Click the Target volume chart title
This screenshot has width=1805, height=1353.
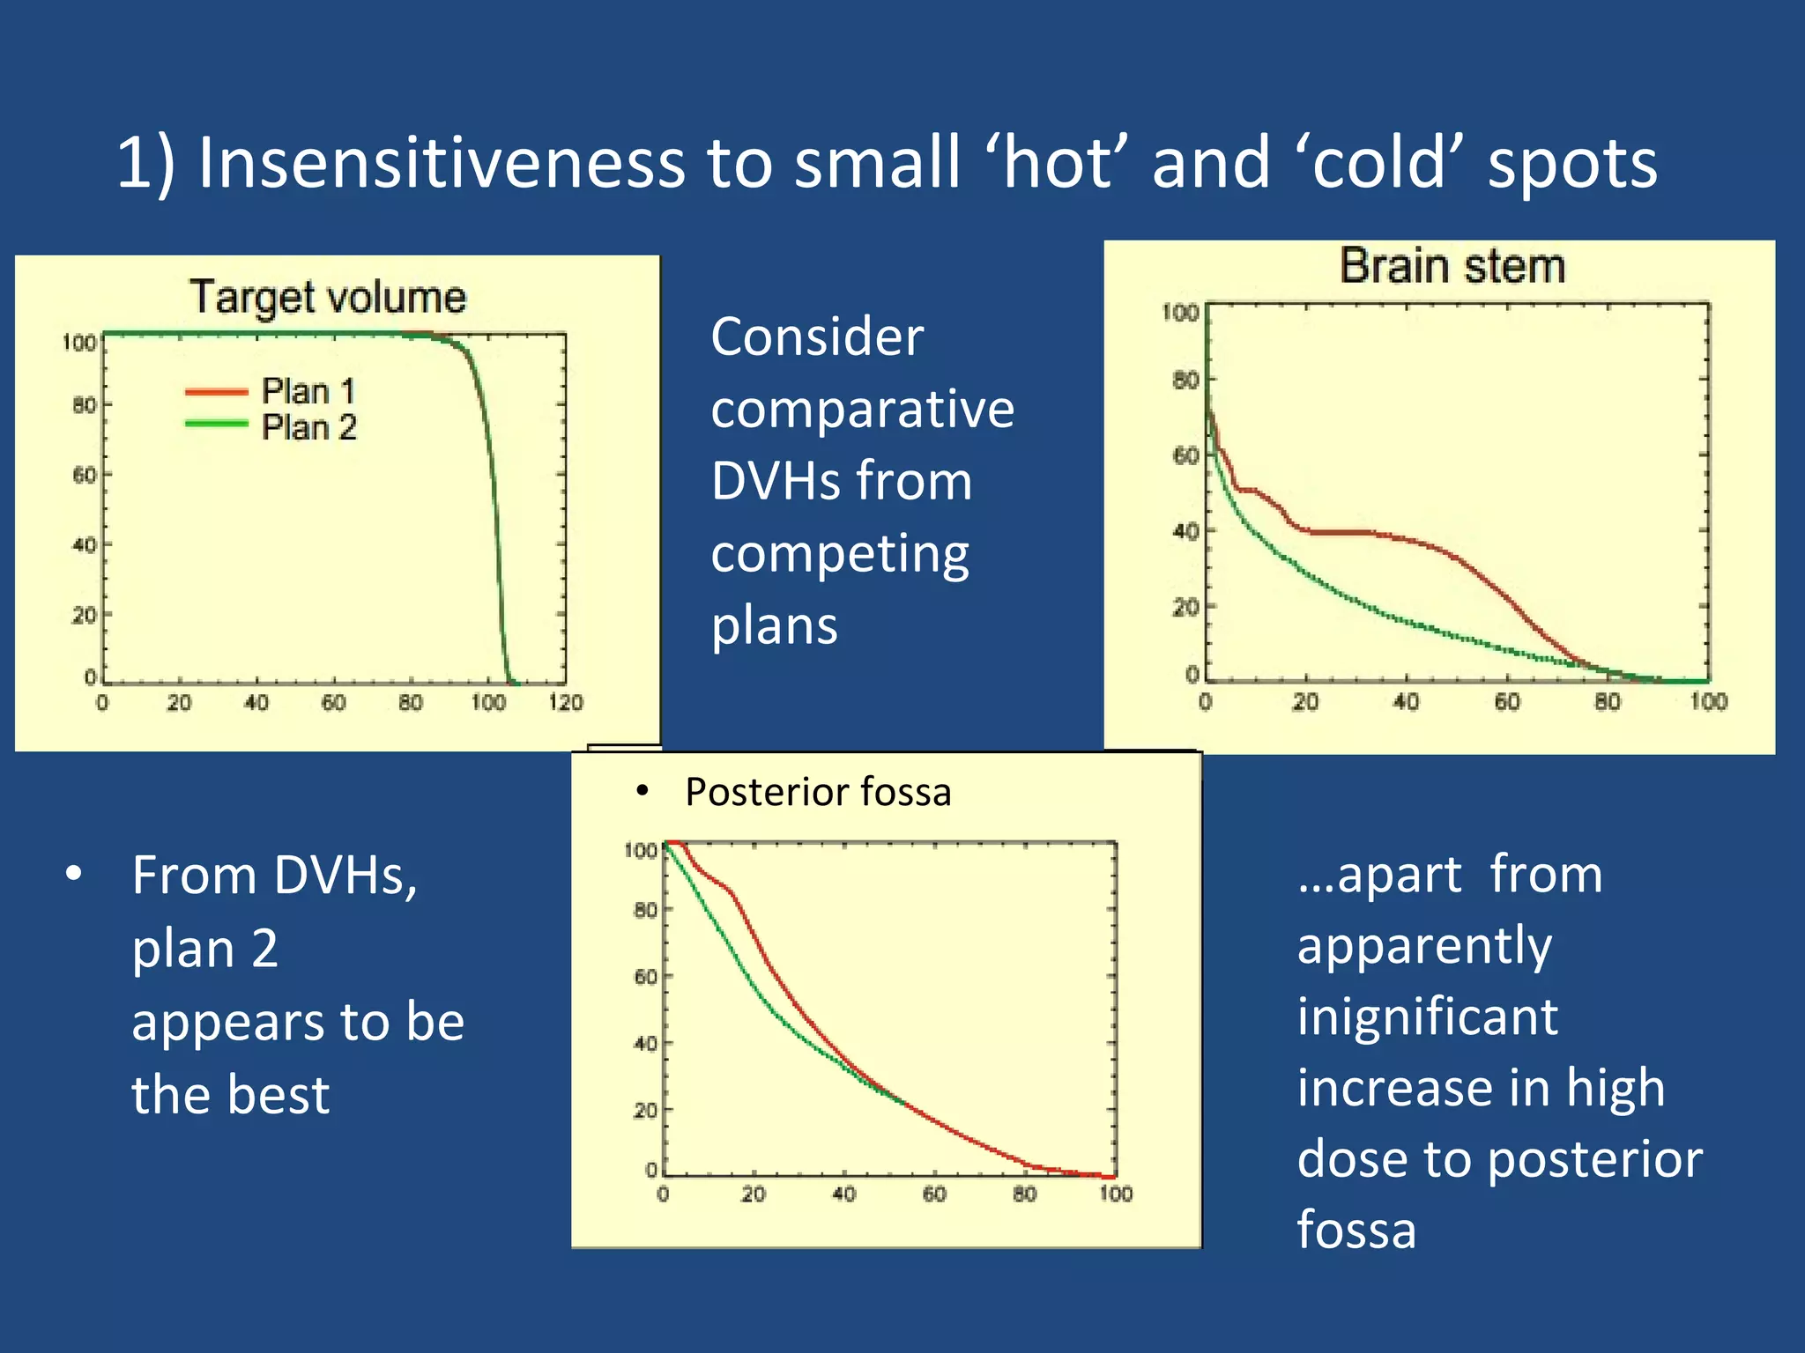click(x=328, y=297)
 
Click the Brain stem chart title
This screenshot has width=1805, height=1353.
click(x=1452, y=266)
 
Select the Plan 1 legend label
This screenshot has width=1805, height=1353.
click(x=308, y=390)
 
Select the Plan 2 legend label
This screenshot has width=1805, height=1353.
click(x=308, y=427)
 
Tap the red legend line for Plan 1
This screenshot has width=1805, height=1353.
click(x=216, y=391)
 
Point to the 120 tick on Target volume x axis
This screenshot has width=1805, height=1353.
click(x=565, y=702)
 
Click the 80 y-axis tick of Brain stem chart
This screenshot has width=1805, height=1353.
click(x=1185, y=380)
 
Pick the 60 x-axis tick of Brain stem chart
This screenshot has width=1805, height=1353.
click(x=1506, y=702)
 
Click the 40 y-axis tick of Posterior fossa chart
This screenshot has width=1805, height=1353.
click(x=645, y=1043)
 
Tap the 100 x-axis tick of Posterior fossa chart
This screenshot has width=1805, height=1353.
click(x=1115, y=1194)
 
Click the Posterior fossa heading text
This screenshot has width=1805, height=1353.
click(x=818, y=791)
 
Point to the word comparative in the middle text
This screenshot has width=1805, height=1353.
click(x=862, y=409)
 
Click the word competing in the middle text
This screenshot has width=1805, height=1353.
click(x=839, y=554)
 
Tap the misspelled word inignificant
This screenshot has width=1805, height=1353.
click(x=1427, y=1016)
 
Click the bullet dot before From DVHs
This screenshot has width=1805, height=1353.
click(x=74, y=874)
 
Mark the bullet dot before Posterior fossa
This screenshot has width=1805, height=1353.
click(x=643, y=791)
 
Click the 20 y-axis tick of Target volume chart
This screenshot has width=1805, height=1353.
click(x=84, y=614)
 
